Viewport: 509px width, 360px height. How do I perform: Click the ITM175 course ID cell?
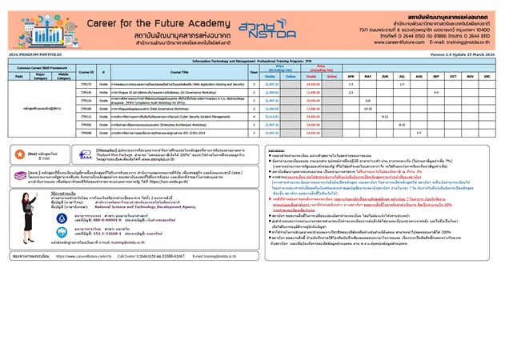(x=86, y=84)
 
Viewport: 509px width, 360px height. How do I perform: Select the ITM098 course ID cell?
(x=86, y=133)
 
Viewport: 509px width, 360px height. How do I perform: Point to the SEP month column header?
(x=436, y=76)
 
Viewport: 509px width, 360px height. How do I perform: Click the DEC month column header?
(x=487, y=76)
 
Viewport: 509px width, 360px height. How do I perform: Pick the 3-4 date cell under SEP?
(x=436, y=92)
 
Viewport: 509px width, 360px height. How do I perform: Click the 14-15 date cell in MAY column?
(x=368, y=108)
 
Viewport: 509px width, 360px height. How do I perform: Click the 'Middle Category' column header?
(x=62, y=78)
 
